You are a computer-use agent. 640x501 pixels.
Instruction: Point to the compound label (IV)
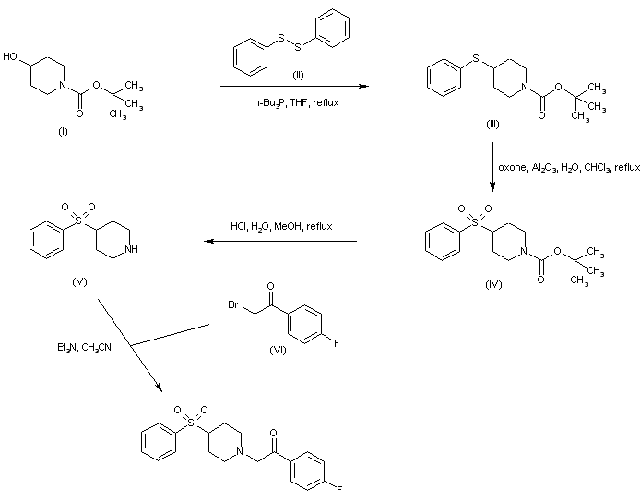(493, 283)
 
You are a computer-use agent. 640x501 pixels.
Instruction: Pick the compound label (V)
(79, 280)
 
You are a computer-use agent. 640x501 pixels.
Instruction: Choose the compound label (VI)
(279, 351)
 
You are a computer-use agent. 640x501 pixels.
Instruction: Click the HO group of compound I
(11, 57)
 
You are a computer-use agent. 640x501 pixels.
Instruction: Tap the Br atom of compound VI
(235, 304)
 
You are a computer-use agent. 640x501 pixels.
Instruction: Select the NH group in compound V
(135, 248)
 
